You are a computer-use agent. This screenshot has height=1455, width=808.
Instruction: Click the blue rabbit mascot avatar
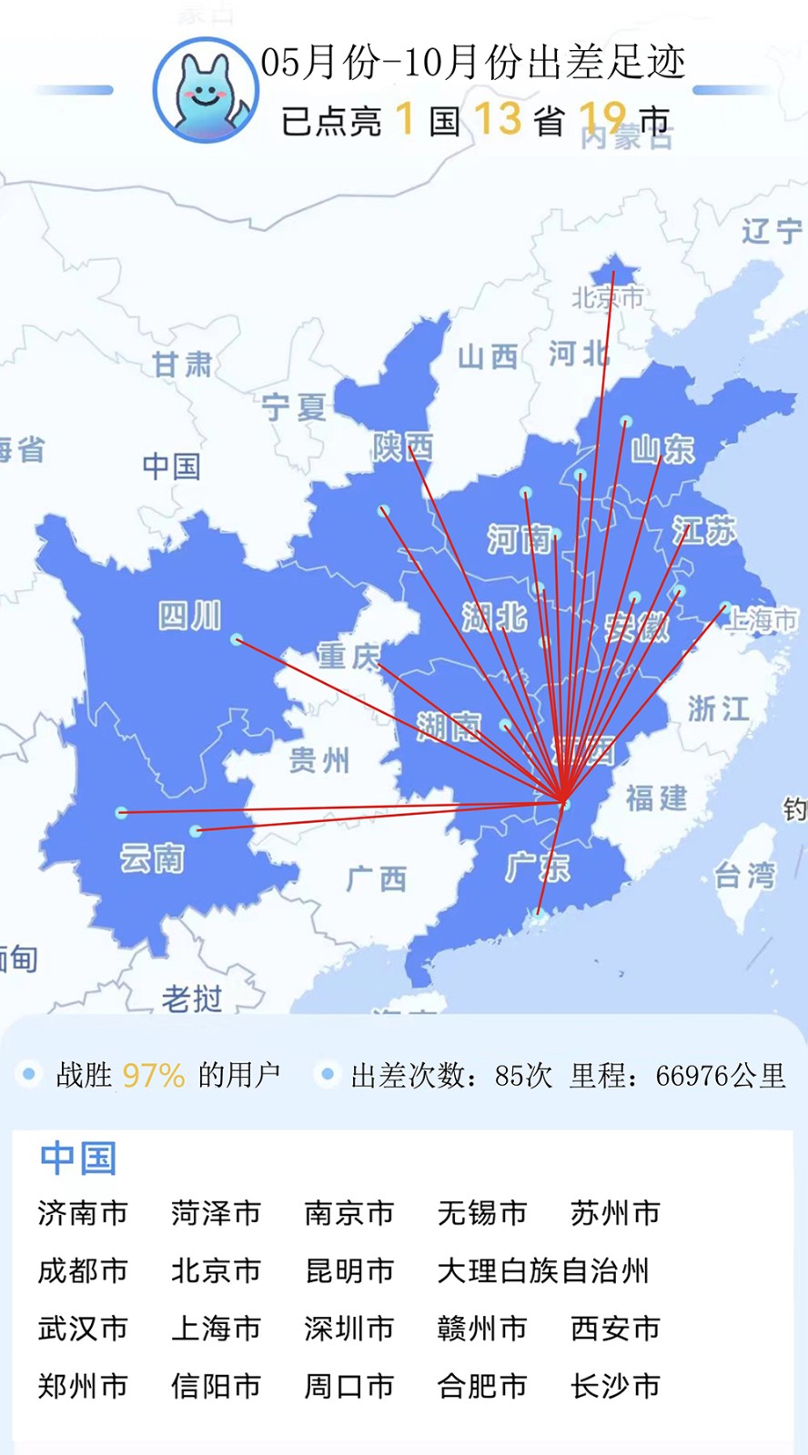click(x=206, y=91)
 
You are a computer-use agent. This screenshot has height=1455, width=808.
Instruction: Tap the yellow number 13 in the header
click(x=498, y=119)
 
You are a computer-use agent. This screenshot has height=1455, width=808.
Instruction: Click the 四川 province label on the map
click(x=189, y=616)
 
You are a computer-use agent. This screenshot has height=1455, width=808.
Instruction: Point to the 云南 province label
click(x=152, y=858)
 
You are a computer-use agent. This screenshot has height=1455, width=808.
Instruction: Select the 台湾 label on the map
click(x=745, y=876)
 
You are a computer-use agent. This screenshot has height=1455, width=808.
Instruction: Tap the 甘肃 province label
click(x=182, y=365)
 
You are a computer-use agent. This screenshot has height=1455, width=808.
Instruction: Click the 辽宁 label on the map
click(x=772, y=231)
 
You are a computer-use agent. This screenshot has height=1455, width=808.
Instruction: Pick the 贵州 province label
click(x=318, y=759)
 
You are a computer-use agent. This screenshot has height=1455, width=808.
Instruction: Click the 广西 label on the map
click(x=376, y=879)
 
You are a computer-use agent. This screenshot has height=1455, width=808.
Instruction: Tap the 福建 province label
click(x=656, y=798)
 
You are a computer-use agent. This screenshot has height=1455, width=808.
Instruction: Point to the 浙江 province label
click(x=719, y=707)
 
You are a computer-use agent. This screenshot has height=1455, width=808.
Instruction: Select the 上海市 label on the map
click(x=763, y=620)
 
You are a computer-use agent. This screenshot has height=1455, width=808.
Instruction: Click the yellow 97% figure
click(x=153, y=1076)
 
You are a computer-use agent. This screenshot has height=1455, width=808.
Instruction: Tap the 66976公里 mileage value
click(x=720, y=1076)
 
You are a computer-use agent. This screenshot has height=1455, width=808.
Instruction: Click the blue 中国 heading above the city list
click(x=78, y=1158)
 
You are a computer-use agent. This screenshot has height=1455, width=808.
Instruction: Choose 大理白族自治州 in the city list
click(x=543, y=1270)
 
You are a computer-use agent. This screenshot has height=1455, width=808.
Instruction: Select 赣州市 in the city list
click(x=482, y=1329)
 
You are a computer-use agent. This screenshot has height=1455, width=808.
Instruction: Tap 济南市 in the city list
click(x=83, y=1213)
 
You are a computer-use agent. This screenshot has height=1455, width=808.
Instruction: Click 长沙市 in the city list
click(x=615, y=1386)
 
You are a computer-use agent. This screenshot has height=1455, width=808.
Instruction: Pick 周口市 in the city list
click(x=349, y=1386)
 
